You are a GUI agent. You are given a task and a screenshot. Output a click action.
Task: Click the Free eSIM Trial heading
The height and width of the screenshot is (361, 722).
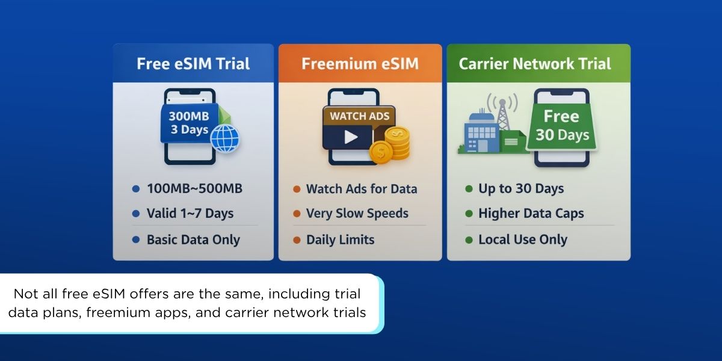(193, 64)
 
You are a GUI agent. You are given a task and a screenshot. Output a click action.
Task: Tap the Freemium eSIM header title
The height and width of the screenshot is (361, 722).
(360, 64)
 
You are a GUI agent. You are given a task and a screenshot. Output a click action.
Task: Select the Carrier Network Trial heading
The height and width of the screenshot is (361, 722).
(535, 64)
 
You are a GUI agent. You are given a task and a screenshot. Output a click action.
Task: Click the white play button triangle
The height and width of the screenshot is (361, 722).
(351, 137)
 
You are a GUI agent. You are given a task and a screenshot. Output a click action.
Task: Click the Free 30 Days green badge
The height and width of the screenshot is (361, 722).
(561, 125)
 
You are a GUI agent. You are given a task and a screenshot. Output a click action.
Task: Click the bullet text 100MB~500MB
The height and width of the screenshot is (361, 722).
(194, 189)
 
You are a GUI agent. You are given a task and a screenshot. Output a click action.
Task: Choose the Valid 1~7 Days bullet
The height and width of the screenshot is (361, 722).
(190, 214)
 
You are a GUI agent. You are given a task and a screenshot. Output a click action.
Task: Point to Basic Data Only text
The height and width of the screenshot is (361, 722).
(193, 239)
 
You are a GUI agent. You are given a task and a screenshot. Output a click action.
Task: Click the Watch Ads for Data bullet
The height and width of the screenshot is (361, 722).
(361, 189)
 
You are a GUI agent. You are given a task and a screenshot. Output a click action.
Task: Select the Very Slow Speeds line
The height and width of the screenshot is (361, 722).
(357, 214)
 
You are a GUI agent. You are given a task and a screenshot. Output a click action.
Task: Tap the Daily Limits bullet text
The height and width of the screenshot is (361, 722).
(340, 239)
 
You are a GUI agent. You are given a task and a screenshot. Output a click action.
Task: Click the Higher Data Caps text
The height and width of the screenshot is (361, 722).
(531, 214)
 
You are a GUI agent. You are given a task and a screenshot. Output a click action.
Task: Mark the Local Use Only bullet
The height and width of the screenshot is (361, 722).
(522, 239)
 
